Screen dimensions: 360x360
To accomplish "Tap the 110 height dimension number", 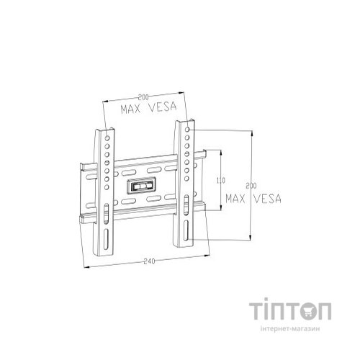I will tap(221, 180).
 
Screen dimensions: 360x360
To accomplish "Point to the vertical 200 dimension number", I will tap(250, 186).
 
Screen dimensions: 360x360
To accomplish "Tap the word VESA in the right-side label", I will tap(264, 197).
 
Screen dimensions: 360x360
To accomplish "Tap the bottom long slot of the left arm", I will tap(107, 238).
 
